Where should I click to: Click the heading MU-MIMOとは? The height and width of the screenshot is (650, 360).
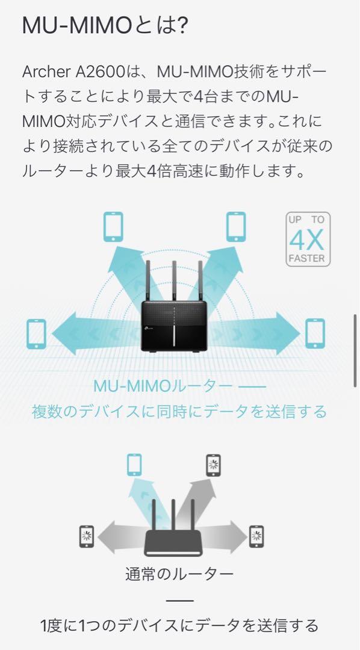105,26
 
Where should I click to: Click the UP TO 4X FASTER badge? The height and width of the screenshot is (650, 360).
307,239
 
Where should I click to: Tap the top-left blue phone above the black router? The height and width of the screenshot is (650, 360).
113,227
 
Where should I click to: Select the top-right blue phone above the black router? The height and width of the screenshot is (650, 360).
236,227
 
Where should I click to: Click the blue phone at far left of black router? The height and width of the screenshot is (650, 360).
36,333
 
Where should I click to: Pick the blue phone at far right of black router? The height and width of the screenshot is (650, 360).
315,333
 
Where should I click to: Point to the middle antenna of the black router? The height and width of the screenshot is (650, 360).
174,281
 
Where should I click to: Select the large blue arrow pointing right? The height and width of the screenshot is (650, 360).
253,333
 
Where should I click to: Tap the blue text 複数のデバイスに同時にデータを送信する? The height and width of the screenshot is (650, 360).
179,412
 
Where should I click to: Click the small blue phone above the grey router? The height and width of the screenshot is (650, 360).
134,464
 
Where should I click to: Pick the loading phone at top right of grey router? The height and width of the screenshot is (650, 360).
213,465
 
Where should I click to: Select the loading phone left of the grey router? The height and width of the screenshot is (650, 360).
87,537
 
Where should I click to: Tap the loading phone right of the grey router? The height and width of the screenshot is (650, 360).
256,537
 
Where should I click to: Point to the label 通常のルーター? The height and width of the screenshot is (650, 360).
179,574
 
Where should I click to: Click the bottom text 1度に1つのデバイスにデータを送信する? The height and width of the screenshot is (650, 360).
179,625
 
